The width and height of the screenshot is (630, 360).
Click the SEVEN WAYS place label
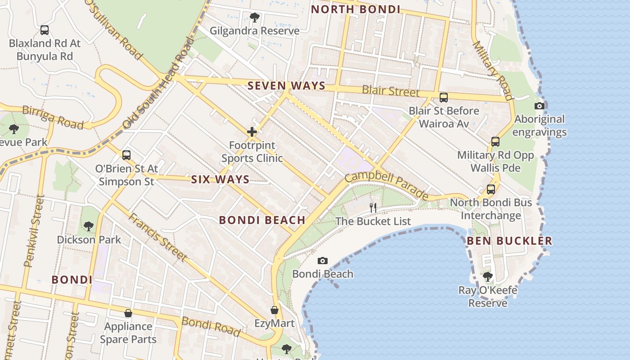286,85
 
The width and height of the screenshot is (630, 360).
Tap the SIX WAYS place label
220,179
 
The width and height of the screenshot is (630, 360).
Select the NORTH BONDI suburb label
355,9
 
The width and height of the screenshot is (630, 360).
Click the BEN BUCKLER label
509,241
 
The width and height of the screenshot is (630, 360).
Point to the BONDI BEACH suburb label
262,220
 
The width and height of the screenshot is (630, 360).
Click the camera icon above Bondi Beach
322,261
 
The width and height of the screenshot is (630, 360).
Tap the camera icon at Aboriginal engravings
539,106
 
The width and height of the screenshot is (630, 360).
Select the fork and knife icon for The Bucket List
373,207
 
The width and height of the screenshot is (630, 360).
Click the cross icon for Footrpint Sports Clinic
252,132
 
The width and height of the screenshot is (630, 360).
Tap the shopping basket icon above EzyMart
274,310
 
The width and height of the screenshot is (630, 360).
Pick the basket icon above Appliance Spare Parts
128,313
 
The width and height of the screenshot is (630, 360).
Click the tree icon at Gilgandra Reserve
254,18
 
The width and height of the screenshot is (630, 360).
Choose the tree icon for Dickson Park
89,226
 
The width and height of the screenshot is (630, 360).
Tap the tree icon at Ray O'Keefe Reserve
488,276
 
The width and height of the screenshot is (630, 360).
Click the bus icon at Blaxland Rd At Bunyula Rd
45,30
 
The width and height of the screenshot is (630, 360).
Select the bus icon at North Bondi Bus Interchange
491,189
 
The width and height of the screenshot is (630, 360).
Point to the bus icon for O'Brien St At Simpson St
126,155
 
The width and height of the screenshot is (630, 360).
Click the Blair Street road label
390,91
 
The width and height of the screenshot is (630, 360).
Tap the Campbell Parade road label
387,183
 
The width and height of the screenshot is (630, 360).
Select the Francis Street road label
157,237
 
